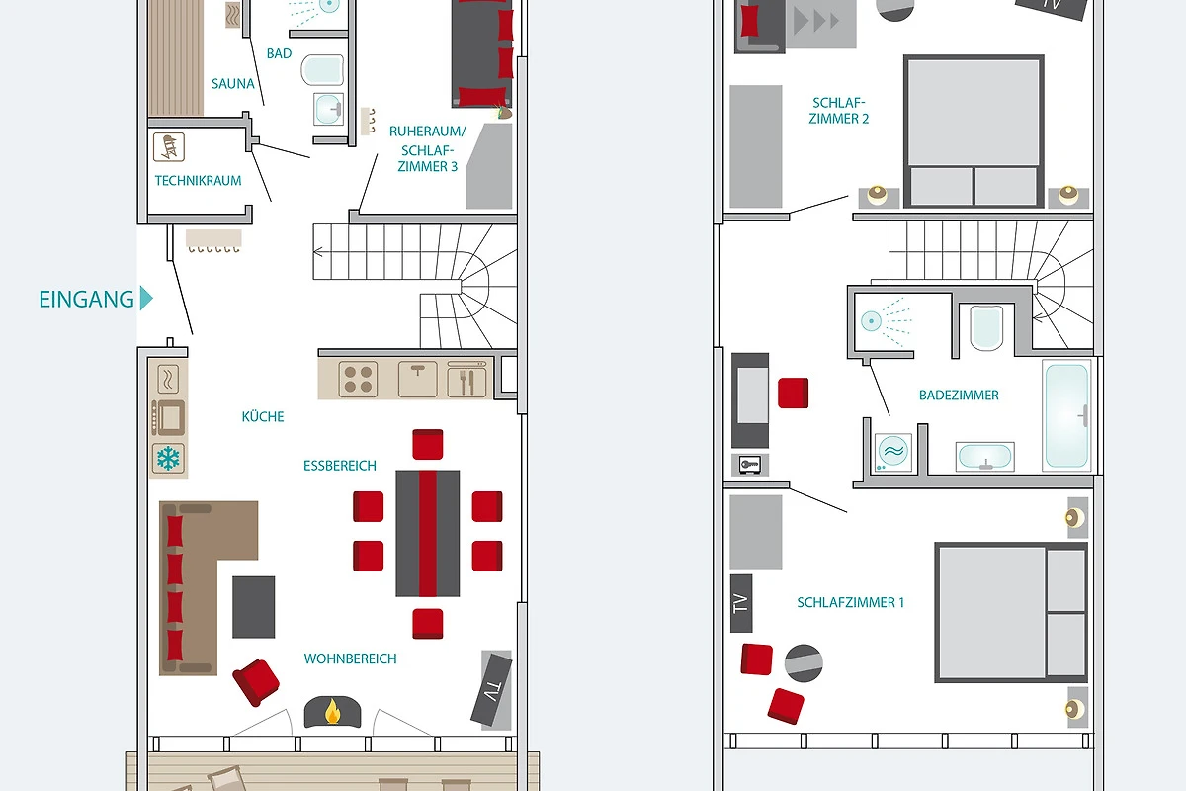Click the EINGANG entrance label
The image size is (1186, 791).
click(x=86, y=300)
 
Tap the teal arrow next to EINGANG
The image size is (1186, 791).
click(x=146, y=298)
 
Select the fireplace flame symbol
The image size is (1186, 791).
click(x=332, y=711)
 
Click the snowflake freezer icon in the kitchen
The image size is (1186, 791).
click(x=168, y=458)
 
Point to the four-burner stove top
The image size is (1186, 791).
click(x=358, y=380)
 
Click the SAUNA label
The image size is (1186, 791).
click(x=233, y=84)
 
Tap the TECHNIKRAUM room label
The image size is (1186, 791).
click(x=198, y=181)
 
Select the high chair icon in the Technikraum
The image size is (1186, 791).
click(x=169, y=146)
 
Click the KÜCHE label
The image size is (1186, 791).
click(x=263, y=416)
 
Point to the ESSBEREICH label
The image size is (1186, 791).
click(x=339, y=466)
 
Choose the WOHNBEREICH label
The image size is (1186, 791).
click(x=350, y=659)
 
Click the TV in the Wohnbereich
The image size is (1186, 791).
click(x=492, y=689)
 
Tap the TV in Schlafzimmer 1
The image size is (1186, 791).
click(x=741, y=603)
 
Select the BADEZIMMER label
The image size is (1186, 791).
click(x=959, y=395)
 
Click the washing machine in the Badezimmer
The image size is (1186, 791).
click(x=893, y=452)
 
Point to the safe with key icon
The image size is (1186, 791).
click(x=750, y=465)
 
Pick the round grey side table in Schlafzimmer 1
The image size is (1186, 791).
click(x=804, y=662)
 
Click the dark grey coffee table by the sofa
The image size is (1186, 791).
click(x=254, y=607)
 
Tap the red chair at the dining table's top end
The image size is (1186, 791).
click(x=428, y=444)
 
